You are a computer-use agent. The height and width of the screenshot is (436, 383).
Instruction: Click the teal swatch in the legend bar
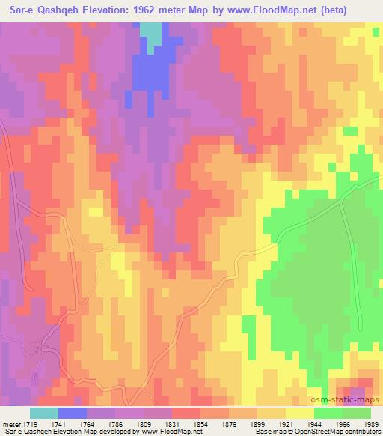click(x=43, y=413)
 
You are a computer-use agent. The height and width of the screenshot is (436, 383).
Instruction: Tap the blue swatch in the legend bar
click(x=72, y=413)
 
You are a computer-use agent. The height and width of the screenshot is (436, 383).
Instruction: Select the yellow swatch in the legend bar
click(x=299, y=413)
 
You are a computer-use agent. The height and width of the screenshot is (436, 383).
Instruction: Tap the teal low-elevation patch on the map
click(x=152, y=34)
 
